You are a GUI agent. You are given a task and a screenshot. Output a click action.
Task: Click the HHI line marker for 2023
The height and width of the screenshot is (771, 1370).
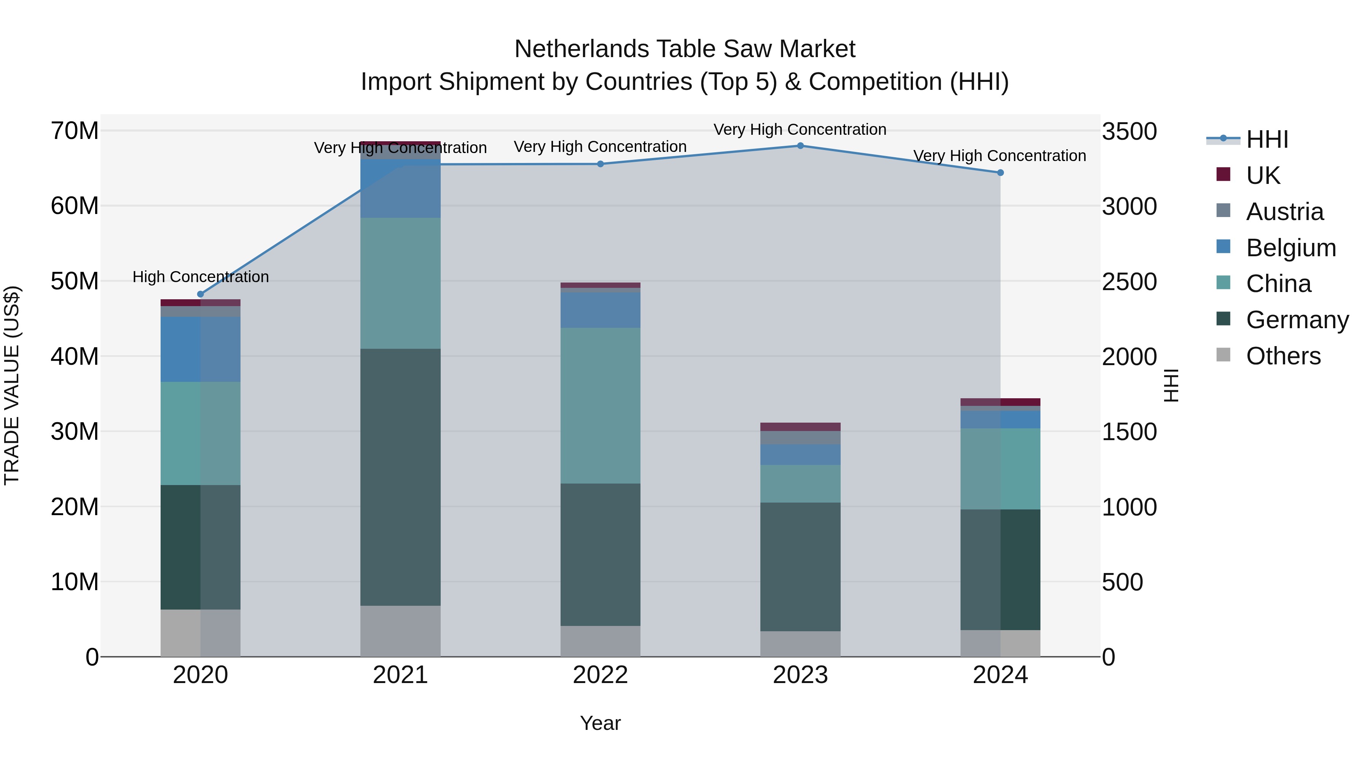[x=800, y=146]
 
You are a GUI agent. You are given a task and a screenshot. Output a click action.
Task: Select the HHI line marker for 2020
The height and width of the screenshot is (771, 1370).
[x=201, y=294]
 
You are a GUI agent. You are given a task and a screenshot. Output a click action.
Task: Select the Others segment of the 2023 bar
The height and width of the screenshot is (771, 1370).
[x=800, y=644]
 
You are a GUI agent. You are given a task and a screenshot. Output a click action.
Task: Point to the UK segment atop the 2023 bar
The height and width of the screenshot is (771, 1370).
[x=800, y=427]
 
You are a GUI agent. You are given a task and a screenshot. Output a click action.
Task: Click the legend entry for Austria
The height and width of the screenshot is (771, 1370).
[x=1284, y=212]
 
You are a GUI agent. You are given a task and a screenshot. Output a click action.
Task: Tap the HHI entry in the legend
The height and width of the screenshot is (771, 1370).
[x=1267, y=139]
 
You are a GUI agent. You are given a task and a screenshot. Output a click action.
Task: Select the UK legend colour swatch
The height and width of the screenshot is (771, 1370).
[x=1223, y=174]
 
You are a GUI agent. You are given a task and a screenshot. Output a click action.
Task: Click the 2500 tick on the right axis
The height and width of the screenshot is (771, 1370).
[x=1129, y=281]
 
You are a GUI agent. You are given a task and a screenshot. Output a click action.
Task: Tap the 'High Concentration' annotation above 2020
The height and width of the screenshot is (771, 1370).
[x=201, y=277]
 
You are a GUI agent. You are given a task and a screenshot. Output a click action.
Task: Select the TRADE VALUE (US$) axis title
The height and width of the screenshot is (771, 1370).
[x=12, y=385]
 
